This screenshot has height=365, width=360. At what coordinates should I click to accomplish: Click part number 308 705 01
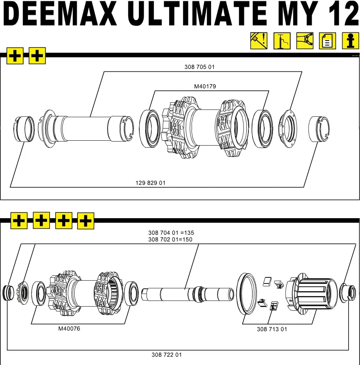coord(199,67)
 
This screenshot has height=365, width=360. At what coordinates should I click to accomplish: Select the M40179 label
coord(205,86)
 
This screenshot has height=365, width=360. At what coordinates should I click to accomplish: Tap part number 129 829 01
coord(150,183)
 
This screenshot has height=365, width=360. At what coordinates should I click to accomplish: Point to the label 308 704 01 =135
coord(171,233)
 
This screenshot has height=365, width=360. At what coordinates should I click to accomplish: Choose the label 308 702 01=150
coord(170,239)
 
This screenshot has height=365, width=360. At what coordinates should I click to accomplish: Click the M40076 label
coord(69,328)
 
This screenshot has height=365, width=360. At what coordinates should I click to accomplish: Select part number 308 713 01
coord(272,329)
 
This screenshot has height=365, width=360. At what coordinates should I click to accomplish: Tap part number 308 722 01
coord(166,355)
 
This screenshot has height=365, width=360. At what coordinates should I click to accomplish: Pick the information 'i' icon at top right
coord(350,41)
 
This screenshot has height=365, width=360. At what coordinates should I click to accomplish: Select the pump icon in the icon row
coord(281,41)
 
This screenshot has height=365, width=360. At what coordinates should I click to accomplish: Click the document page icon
coord(327,41)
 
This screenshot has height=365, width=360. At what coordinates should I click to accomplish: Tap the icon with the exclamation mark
coord(259,41)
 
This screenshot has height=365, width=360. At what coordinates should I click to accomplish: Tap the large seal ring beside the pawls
coord(247,293)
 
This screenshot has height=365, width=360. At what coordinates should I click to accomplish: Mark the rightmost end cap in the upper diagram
coord(319,129)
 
